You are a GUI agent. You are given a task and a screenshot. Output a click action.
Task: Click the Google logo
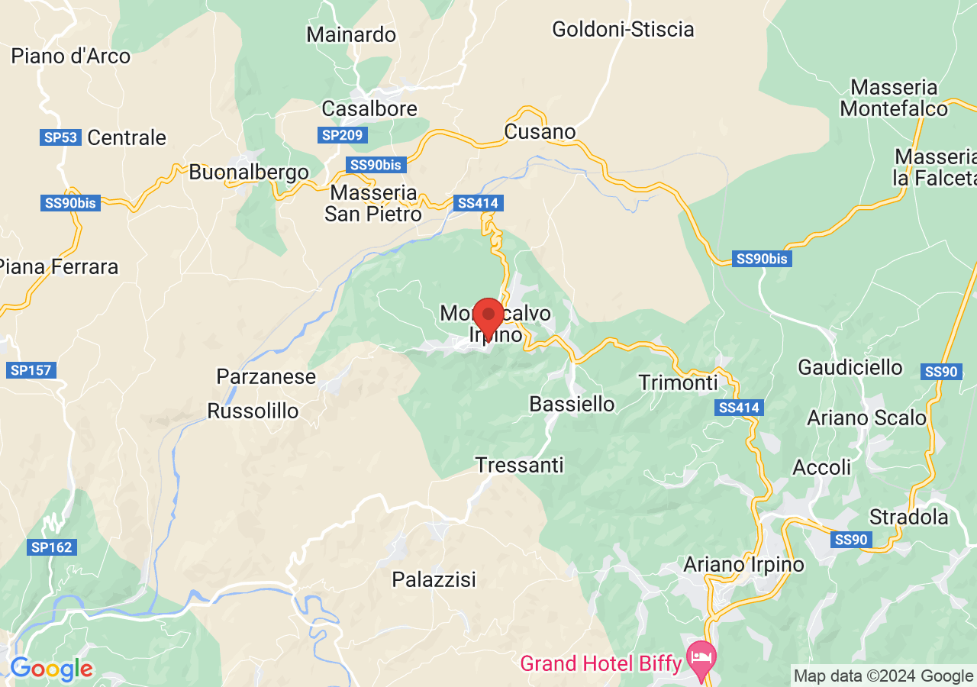click(x=51, y=669)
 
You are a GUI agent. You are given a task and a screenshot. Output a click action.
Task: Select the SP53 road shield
click(x=60, y=137)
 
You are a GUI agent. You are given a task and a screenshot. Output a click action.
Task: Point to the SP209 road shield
click(x=343, y=135)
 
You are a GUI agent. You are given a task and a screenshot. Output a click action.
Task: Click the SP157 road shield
click(x=31, y=370)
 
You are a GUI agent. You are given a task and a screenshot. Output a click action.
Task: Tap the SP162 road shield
click(x=51, y=547)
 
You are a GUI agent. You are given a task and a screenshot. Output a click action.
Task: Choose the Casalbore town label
click(x=369, y=108)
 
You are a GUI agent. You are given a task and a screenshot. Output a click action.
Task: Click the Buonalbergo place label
click(x=249, y=172)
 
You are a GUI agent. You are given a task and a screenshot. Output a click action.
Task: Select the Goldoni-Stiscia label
click(x=623, y=30)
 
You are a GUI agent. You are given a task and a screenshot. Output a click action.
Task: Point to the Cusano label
click(x=540, y=132)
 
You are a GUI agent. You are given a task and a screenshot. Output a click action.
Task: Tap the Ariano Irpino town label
click(x=744, y=565)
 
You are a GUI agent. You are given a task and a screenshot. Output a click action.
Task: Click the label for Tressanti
click(x=519, y=464)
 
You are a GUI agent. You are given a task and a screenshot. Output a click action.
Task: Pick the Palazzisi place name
click(x=434, y=579)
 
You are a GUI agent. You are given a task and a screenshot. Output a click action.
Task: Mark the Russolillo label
click(x=253, y=411)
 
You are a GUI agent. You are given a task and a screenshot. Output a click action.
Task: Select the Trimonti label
click(x=679, y=382)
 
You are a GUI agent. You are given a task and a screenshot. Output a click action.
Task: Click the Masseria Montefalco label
click(x=894, y=98)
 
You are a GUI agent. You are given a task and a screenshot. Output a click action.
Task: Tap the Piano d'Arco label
click(x=70, y=56)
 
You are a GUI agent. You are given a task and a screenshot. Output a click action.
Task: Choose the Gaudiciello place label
click(x=850, y=367)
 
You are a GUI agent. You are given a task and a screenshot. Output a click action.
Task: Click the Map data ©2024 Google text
click(x=883, y=676)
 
